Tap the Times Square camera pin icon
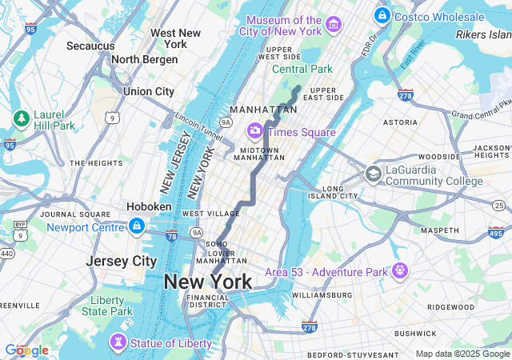tap(255, 130)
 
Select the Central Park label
tap(302, 70)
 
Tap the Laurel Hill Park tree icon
tap(21, 119)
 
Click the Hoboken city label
tap(149, 206)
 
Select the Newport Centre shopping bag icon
tap(137, 226)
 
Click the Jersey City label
tap(122, 261)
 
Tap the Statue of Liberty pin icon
tap(119, 342)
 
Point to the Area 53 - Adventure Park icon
tap(398, 272)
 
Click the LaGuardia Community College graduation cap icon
tap(373, 174)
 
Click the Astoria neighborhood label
tap(400, 122)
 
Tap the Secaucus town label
tap(90, 46)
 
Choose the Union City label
tap(149, 92)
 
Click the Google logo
tap(26, 350)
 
